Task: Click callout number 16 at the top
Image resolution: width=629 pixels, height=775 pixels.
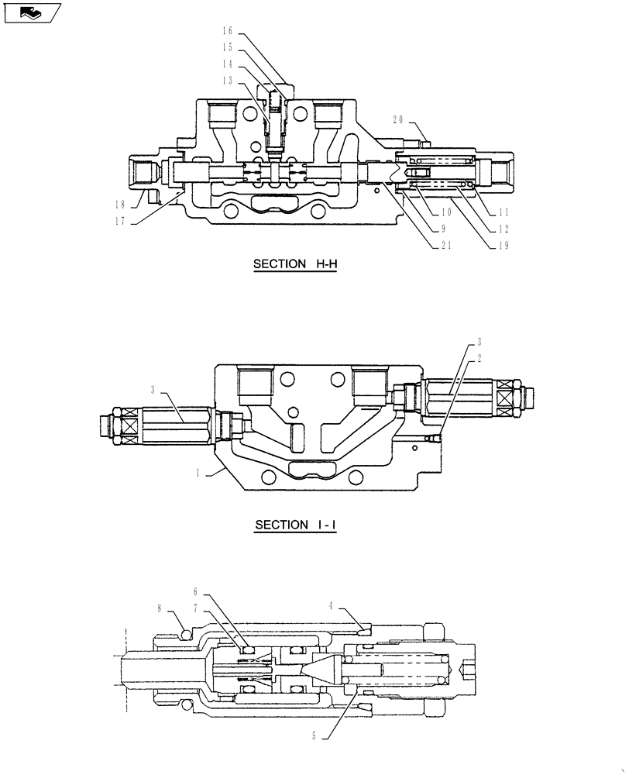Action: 227,31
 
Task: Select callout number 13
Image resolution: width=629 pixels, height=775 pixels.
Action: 227,80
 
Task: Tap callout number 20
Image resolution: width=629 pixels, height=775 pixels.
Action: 398,121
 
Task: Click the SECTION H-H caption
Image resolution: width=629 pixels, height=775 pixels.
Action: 297,264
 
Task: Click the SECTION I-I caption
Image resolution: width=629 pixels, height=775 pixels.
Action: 297,525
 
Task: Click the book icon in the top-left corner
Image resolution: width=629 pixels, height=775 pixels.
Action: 31,12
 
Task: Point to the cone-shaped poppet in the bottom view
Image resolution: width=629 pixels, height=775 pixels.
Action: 321,666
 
